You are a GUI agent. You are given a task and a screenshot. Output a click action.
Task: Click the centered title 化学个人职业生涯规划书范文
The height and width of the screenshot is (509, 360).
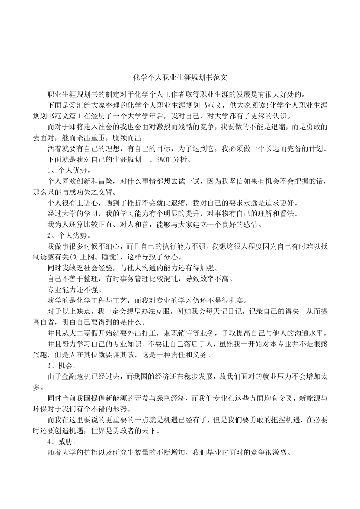pos(180,78)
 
